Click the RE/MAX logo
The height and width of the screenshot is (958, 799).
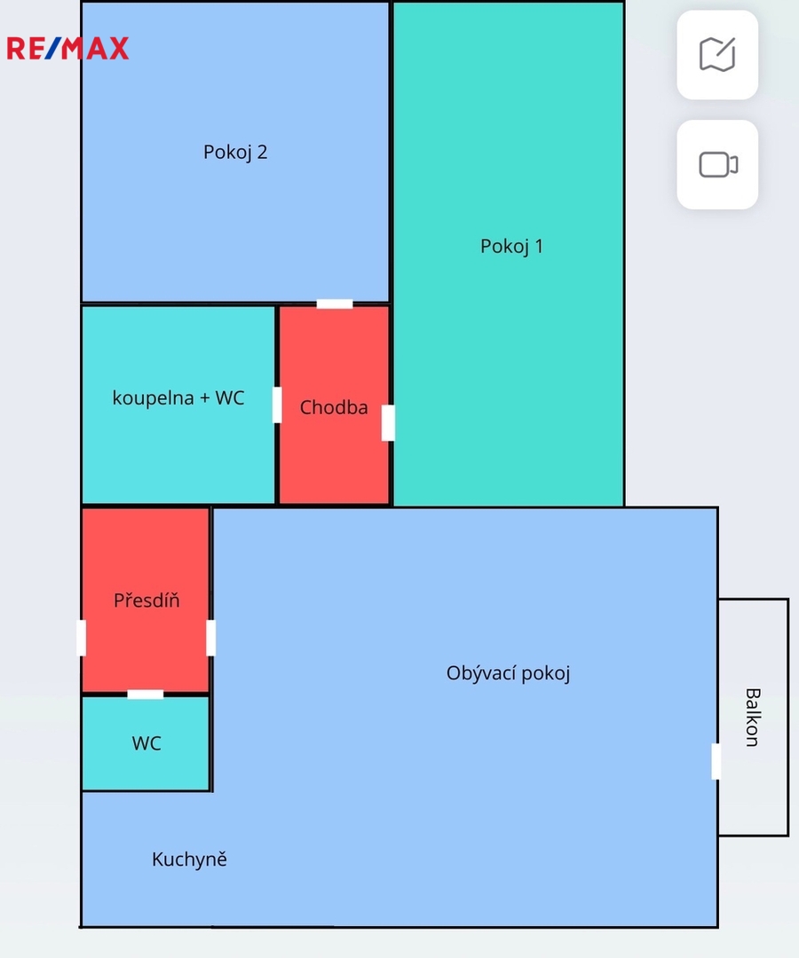[x=67, y=48]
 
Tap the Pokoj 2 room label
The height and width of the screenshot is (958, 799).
[x=235, y=153]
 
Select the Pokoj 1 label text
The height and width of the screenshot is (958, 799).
[x=511, y=247]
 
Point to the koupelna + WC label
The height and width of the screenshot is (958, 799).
[x=178, y=397]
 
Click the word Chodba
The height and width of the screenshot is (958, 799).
[x=334, y=407]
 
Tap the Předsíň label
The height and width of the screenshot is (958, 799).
[x=146, y=600]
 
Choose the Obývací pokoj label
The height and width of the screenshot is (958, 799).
[x=508, y=673]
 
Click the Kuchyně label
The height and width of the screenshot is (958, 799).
[x=189, y=859]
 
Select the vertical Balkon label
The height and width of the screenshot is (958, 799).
[x=753, y=718]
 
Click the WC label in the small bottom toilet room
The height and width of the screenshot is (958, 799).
[x=146, y=743]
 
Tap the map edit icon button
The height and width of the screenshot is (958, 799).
[x=717, y=55]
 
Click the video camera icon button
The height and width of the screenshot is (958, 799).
[x=717, y=165]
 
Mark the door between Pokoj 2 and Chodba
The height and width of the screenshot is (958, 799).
[x=335, y=303]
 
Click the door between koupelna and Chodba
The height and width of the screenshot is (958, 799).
[x=277, y=405]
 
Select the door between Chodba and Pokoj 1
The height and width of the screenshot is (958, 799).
[x=388, y=423]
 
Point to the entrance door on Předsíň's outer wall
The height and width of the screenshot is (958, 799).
[x=82, y=638]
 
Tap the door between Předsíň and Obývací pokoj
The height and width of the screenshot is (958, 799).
[x=211, y=638]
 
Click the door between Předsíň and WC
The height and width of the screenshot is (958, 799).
[x=146, y=694]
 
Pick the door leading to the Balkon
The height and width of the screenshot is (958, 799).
[x=716, y=761]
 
